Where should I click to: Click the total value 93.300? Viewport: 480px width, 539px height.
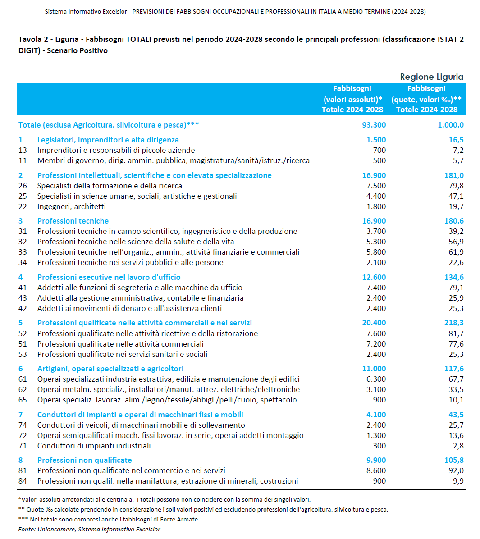coord(374,125)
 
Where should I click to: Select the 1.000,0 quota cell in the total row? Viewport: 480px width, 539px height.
coord(450,125)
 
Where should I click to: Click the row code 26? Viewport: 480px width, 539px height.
coord(23,186)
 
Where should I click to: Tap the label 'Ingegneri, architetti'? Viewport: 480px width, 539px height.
coord(71,206)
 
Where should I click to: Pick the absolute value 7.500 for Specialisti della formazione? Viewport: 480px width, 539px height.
coord(376,186)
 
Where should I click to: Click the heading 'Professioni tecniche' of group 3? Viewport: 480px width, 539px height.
coord(73,221)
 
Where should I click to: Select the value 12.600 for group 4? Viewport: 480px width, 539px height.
coord(374,277)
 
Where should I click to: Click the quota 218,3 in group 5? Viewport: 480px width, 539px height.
coord(454,323)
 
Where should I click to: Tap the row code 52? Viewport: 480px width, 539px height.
coord(23,333)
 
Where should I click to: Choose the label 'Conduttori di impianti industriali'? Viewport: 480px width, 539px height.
coord(94,446)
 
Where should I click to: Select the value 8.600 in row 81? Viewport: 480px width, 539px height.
coord(376,470)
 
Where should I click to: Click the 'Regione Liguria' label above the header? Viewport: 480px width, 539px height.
coord(431,77)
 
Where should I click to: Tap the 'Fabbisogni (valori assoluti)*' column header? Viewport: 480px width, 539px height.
coord(352,99)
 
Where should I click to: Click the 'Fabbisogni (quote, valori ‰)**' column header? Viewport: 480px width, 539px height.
coord(426,99)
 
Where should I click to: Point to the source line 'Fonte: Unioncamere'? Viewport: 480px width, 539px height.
coord(89,529)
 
